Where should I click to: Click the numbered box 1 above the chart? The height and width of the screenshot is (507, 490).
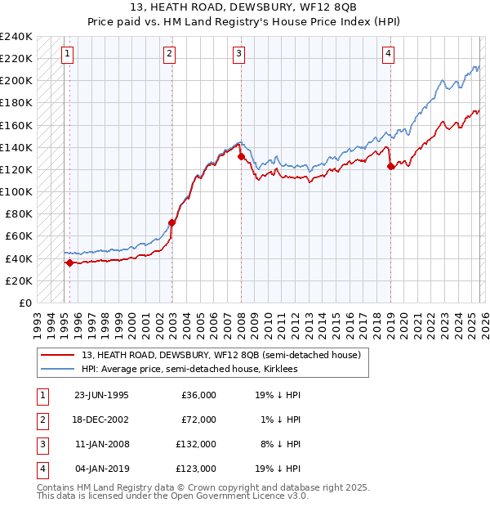66,54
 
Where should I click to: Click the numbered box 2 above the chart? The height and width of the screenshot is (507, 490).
169,54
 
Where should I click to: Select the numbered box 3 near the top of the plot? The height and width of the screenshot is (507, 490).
238,54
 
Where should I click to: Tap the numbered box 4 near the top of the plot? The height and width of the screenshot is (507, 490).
388,54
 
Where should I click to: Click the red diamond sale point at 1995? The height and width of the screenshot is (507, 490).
70,262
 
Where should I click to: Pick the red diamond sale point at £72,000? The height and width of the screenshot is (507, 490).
172,222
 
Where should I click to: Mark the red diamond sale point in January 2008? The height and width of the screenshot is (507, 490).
242,156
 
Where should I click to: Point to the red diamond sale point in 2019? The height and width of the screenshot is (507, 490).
391,166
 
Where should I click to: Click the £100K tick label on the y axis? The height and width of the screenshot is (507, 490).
16,191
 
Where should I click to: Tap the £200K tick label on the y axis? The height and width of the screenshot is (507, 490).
16,80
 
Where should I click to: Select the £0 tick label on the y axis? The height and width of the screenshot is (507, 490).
24,303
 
